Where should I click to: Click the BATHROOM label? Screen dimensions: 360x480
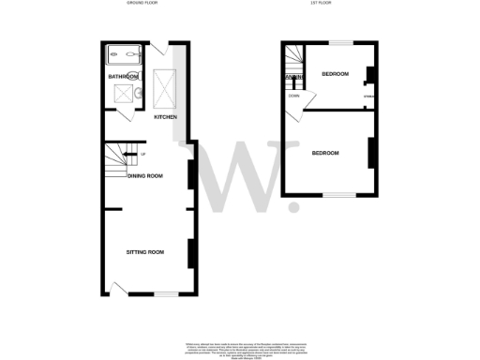(x=123, y=76)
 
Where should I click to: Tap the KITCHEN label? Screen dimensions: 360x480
(x=166, y=117)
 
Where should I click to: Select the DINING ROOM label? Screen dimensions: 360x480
(x=145, y=176)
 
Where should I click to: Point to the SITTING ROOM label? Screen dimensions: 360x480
(x=145, y=252)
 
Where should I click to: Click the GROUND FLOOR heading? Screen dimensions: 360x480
(x=142, y=4)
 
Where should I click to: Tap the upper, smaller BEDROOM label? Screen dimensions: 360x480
(x=335, y=73)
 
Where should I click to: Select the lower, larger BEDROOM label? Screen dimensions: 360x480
(x=325, y=153)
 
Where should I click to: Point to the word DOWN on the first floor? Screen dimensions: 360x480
(x=293, y=96)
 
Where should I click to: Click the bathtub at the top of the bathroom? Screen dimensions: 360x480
(x=123, y=54)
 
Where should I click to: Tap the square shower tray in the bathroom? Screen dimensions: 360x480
(x=123, y=93)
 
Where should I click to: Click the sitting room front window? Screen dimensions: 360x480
(x=166, y=293)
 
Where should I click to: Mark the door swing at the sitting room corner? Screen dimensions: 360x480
(x=116, y=286)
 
